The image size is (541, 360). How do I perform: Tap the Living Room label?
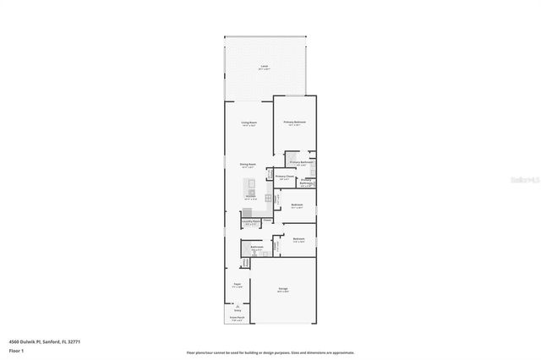(249, 123)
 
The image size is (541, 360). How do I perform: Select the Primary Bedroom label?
(294, 123)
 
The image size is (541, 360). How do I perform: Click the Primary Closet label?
(284, 177)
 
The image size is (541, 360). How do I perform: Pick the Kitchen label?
(251, 197)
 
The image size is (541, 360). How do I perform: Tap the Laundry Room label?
(250, 222)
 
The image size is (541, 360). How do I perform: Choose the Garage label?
(282, 289)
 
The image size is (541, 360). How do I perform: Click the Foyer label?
(238, 285)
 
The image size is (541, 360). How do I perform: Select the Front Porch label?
(238, 318)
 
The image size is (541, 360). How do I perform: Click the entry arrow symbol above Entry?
(238, 305)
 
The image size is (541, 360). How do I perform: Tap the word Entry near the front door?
(238, 310)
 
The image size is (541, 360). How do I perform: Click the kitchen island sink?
(250, 190)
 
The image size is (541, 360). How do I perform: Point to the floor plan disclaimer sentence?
(270, 352)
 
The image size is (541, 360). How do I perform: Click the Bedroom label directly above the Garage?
(298, 239)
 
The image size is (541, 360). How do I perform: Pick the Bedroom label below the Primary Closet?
(297, 205)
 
